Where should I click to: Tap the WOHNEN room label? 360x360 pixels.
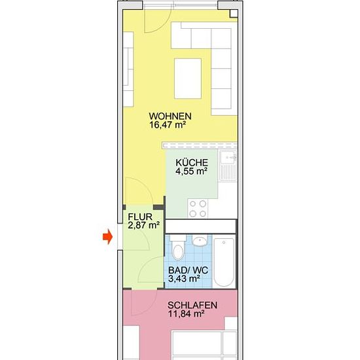pyautogui.click(x=170, y=116)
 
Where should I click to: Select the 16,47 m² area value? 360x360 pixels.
pyautogui.click(x=168, y=125)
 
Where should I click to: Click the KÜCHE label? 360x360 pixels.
pyautogui.click(x=192, y=162)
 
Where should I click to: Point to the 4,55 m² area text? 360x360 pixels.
pyautogui.click(x=192, y=171)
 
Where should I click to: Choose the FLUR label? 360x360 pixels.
pyautogui.click(x=140, y=217)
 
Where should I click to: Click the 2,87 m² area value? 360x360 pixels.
pyautogui.click(x=144, y=225)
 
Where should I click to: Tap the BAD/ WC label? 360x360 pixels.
pyautogui.click(x=188, y=270)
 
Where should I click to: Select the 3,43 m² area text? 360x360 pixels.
pyautogui.click(x=184, y=279)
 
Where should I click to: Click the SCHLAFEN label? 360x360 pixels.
pyautogui.click(x=192, y=305)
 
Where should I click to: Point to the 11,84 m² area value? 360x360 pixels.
pyautogui.click(x=186, y=314)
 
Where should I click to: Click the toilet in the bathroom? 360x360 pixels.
pyautogui.click(x=178, y=247)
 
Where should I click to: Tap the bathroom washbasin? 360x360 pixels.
pyautogui.click(x=200, y=241)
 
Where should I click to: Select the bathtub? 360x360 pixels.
pyautogui.click(x=224, y=262)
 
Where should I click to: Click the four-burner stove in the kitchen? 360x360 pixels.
pyautogui.click(x=198, y=208)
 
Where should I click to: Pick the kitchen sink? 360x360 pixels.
pyautogui.click(x=227, y=166)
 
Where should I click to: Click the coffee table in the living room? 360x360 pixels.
pyautogui.click(x=188, y=79)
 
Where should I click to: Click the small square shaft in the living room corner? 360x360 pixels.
pyautogui.click(x=234, y=14)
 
